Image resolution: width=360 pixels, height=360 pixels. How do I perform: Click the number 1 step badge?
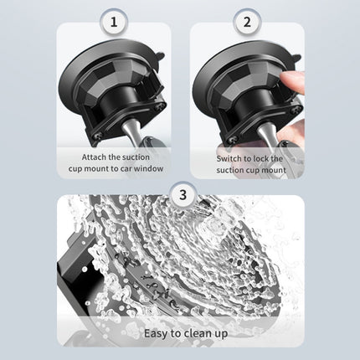[x=114, y=21]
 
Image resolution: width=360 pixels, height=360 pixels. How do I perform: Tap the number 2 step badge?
[x=246, y=21]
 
